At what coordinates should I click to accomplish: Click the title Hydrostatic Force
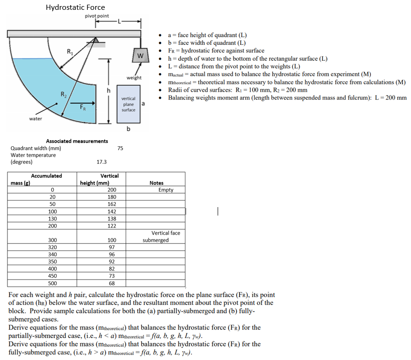point(75,7)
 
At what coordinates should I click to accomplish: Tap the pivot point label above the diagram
point(97,16)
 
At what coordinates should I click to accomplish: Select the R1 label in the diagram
point(70,51)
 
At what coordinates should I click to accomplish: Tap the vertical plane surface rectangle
point(128,104)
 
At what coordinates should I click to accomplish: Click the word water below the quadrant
point(35,119)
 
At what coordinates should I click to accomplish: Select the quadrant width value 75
point(120,148)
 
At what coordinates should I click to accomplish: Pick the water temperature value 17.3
point(101,162)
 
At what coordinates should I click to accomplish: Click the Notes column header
point(156,183)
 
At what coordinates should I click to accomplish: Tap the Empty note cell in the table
point(166,190)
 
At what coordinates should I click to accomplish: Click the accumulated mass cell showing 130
point(53,219)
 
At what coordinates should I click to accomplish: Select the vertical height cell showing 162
point(112,204)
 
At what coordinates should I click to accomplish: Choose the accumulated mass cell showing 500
point(53,283)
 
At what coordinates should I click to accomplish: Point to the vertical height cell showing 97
point(112,247)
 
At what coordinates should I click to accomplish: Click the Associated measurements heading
point(77,141)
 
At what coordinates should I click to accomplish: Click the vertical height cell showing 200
point(112,190)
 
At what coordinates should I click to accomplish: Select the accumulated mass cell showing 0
point(53,190)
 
